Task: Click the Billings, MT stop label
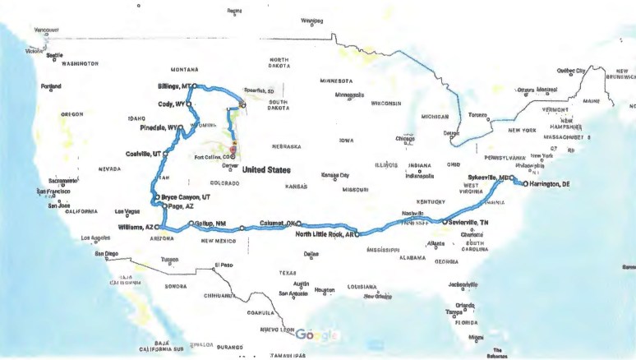173,85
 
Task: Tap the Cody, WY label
171,104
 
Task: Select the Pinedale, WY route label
159,128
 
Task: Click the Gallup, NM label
209,224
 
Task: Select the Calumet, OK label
278,222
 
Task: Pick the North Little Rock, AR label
324,234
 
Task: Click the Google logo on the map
316,335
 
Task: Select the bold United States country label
267,169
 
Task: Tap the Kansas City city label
334,175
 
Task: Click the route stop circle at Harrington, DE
525,185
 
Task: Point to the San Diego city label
107,254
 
